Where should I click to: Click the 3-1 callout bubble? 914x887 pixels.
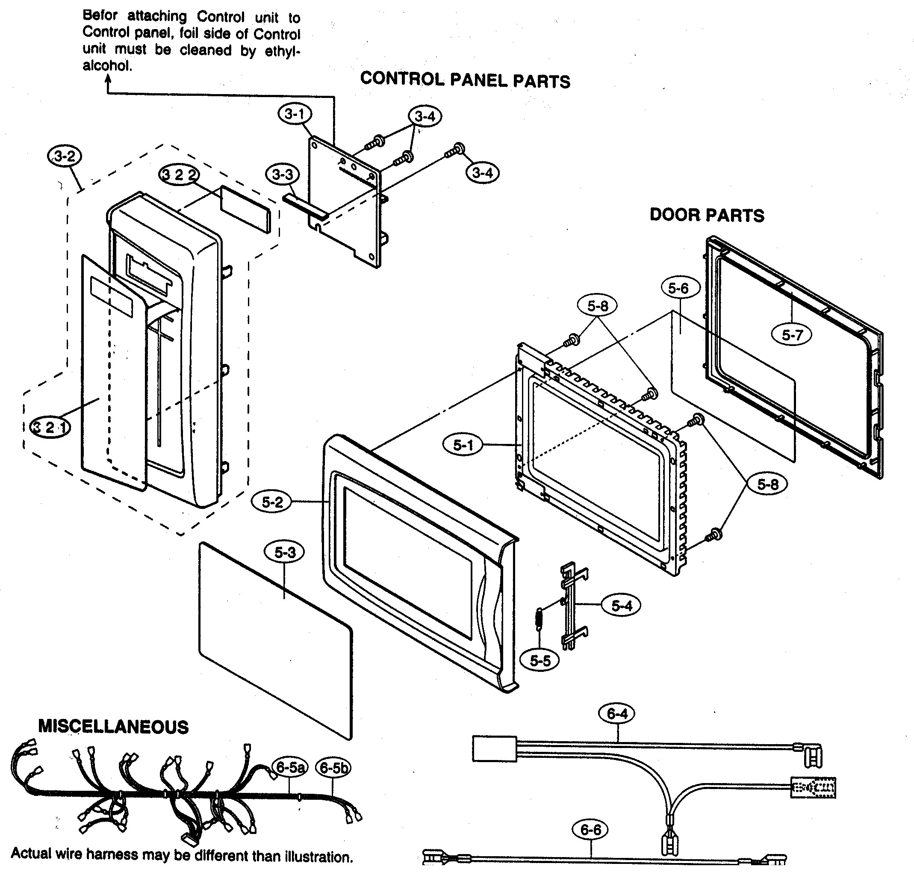(x=295, y=114)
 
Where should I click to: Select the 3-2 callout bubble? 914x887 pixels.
(x=65, y=156)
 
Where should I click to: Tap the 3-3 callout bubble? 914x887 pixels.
(x=282, y=174)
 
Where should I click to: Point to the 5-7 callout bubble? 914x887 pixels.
(x=792, y=334)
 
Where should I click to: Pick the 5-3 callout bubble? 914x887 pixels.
(x=284, y=553)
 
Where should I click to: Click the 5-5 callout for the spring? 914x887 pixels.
(x=540, y=661)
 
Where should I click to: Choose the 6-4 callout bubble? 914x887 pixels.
(x=617, y=713)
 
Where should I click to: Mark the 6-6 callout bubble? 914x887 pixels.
(x=590, y=830)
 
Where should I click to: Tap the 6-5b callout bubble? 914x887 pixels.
(x=333, y=768)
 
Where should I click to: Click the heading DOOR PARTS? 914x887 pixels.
(x=707, y=216)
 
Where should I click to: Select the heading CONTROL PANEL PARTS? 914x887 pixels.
(x=465, y=80)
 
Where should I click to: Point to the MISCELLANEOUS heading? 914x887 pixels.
(x=113, y=727)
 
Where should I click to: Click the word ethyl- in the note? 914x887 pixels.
(x=282, y=51)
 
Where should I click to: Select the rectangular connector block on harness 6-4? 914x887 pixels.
(x=494, y=749)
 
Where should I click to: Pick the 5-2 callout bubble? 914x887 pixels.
(x=272, y=502)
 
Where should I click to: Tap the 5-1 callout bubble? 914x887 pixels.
(x=463, y=445)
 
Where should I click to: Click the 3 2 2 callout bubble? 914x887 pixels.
(x=179, y=174)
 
